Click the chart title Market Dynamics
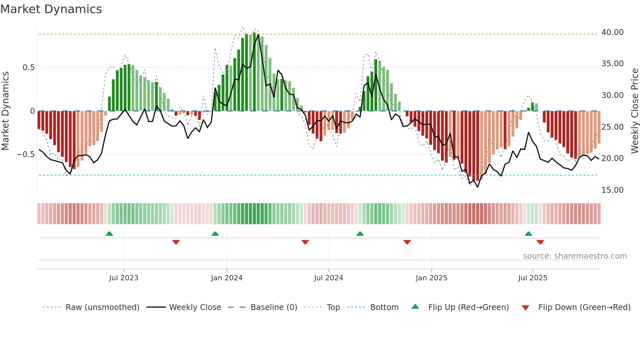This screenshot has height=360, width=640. coord(51,9)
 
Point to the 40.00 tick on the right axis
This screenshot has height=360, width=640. coord(612,32)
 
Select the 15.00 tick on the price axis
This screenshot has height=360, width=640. coord(612,190)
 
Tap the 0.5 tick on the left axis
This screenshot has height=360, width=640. coord(28,68)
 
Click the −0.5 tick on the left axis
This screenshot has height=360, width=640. coord(25,155)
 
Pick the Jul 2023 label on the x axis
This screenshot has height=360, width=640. coord(124,278)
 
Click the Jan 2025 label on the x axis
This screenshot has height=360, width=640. coord(431,278)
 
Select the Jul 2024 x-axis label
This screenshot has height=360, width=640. coord(328,278)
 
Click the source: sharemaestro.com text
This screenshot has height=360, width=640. coord(575,256)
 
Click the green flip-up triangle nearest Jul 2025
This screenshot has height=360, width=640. coord(528,234)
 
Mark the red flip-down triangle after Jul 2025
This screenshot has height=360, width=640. coord(540,242)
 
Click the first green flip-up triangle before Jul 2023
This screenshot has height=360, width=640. coord(109,234)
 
